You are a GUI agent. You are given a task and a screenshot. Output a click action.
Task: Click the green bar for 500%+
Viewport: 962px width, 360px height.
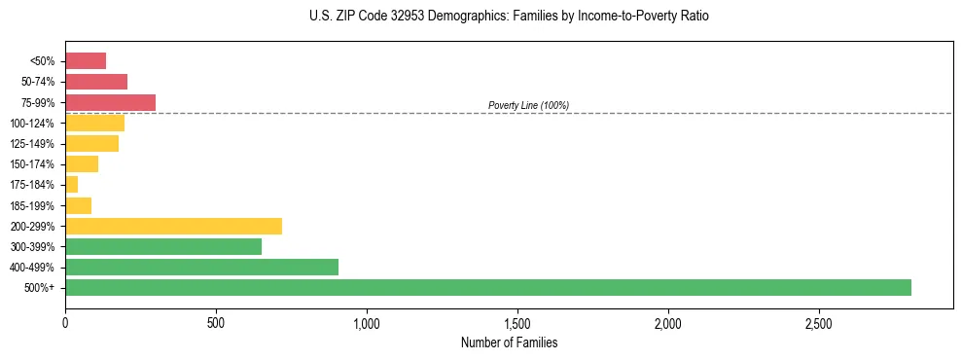pos(487,287)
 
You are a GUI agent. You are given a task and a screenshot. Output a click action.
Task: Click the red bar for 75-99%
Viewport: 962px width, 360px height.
pos(110,102)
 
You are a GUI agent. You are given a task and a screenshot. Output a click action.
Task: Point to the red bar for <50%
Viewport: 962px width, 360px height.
pos(86,61)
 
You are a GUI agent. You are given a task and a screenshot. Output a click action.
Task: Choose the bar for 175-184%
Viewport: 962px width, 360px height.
pos(71,185)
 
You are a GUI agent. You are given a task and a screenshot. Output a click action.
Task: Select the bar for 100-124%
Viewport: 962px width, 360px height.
pos(94,123)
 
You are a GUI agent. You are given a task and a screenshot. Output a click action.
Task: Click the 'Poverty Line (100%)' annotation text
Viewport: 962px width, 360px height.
pos(528,105)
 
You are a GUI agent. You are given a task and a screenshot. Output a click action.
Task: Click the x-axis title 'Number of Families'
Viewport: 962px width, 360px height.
pos(509,342)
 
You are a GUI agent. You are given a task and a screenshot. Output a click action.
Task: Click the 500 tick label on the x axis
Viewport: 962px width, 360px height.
pos(216,322)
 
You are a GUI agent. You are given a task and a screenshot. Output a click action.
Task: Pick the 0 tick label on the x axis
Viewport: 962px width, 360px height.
pos(65,322)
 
